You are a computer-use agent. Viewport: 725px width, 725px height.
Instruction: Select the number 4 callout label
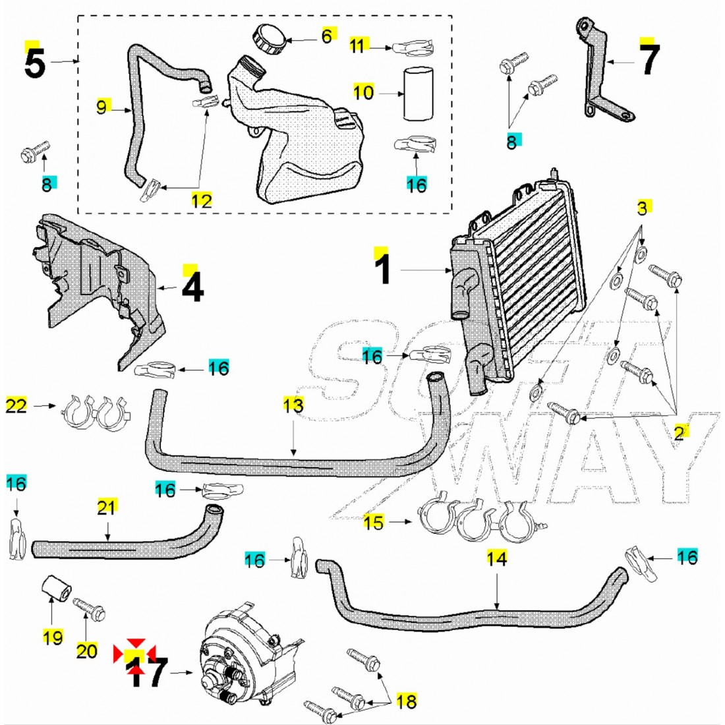(192, 288)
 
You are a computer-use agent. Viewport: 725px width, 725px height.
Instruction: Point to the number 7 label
(649, 60)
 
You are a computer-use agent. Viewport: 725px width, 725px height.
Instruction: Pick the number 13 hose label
(293, 405)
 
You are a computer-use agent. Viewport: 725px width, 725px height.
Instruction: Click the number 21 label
(107, 507)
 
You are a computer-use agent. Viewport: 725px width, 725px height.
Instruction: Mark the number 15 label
(373, 523)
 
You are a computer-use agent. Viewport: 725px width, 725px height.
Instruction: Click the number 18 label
(407, 701)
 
